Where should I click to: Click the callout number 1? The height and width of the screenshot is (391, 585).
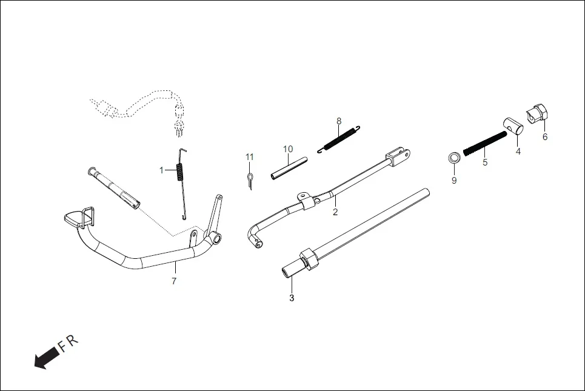coord(161,170)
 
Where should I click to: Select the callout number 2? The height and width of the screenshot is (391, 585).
coord(335,212)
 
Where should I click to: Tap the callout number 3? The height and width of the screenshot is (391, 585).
coord(292,298)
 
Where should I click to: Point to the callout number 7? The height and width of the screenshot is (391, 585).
coord(174,281)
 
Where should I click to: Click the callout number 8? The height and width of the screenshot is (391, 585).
coord(339,121)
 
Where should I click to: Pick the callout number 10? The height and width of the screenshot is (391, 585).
coord(288,149)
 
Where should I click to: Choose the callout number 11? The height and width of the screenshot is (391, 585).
coord(249,157)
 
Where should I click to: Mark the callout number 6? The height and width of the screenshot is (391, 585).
coord(544,137)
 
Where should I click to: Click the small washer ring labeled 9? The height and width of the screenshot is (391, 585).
coord(452,159)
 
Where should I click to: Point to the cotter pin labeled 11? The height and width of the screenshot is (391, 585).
coord(249,179)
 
